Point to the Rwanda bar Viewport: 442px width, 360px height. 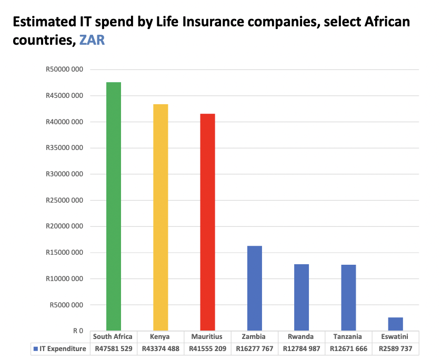click(302, 297)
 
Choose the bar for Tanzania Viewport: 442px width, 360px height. click(348, 298)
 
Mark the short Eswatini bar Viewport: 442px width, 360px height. click(395, 324)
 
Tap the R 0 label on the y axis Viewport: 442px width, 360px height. click(78, 331)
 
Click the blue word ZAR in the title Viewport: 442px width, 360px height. click(92, 40)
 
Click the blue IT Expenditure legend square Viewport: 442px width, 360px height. click(35, 349)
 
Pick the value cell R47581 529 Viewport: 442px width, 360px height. click(113, 349)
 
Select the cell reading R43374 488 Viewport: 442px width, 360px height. click(160, 349)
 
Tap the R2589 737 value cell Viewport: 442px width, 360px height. click(395, 349)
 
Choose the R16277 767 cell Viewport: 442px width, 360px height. click(254, 349)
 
